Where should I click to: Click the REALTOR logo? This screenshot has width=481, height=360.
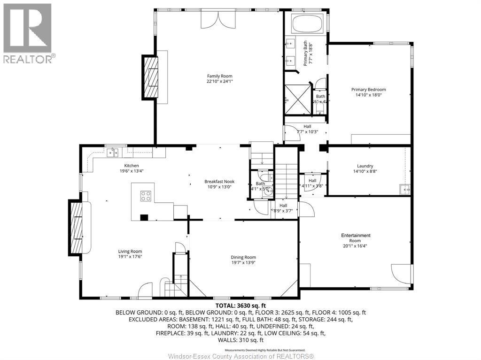coord(28,33)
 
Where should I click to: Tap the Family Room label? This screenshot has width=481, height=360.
coord(219,76)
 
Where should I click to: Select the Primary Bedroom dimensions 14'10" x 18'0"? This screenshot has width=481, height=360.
coord(368,94)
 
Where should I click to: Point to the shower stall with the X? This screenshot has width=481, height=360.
coord(297,99)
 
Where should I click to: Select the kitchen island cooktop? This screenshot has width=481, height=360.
coord(146,196)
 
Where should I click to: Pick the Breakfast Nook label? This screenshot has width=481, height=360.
coord(219,182)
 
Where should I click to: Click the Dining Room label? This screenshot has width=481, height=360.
coord(243,257)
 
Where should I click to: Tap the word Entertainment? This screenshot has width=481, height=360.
coord(356,235)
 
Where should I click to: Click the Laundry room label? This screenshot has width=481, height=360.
coord(365,166)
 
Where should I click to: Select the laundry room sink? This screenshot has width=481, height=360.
coord(404,189)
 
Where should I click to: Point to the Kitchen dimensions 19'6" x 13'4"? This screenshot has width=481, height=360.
coord(131,171)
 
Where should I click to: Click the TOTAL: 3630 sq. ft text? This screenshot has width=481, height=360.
coord(240,306)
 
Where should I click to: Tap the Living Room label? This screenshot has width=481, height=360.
coord(130,251)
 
